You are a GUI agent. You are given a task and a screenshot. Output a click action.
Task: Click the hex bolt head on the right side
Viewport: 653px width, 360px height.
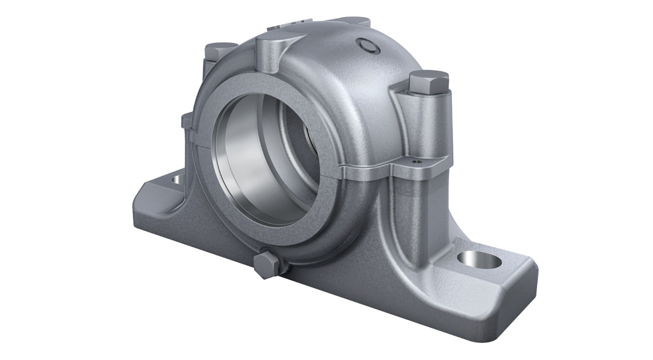[428, 81]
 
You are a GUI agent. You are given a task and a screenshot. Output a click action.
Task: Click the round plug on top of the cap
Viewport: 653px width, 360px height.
[367, 45]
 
